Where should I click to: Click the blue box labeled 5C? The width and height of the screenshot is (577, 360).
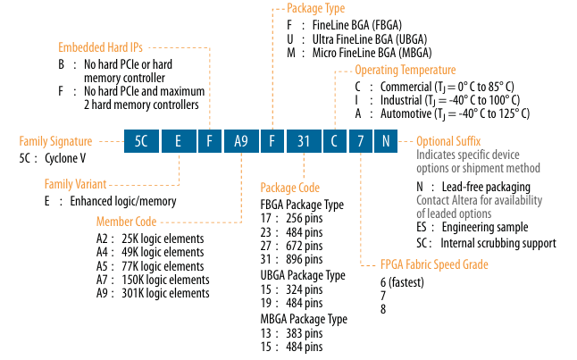click(x=141, y=140)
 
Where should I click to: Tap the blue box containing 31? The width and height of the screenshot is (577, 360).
click(x=304, y=140)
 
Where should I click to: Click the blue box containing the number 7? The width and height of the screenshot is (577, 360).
click(x=360, y=140)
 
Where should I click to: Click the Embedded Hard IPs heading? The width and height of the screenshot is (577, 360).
click(x=100, y=46)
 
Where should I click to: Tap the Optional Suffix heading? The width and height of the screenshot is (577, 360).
click(x=448, y=141)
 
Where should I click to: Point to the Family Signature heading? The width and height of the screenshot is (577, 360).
click(x=55, y=141)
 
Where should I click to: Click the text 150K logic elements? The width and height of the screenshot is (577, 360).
click(x=163, y=280)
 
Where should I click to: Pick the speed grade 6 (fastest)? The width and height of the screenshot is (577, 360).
click(x=402, y=283)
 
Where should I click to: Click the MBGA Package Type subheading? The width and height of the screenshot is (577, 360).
click(x=304, y=318)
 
